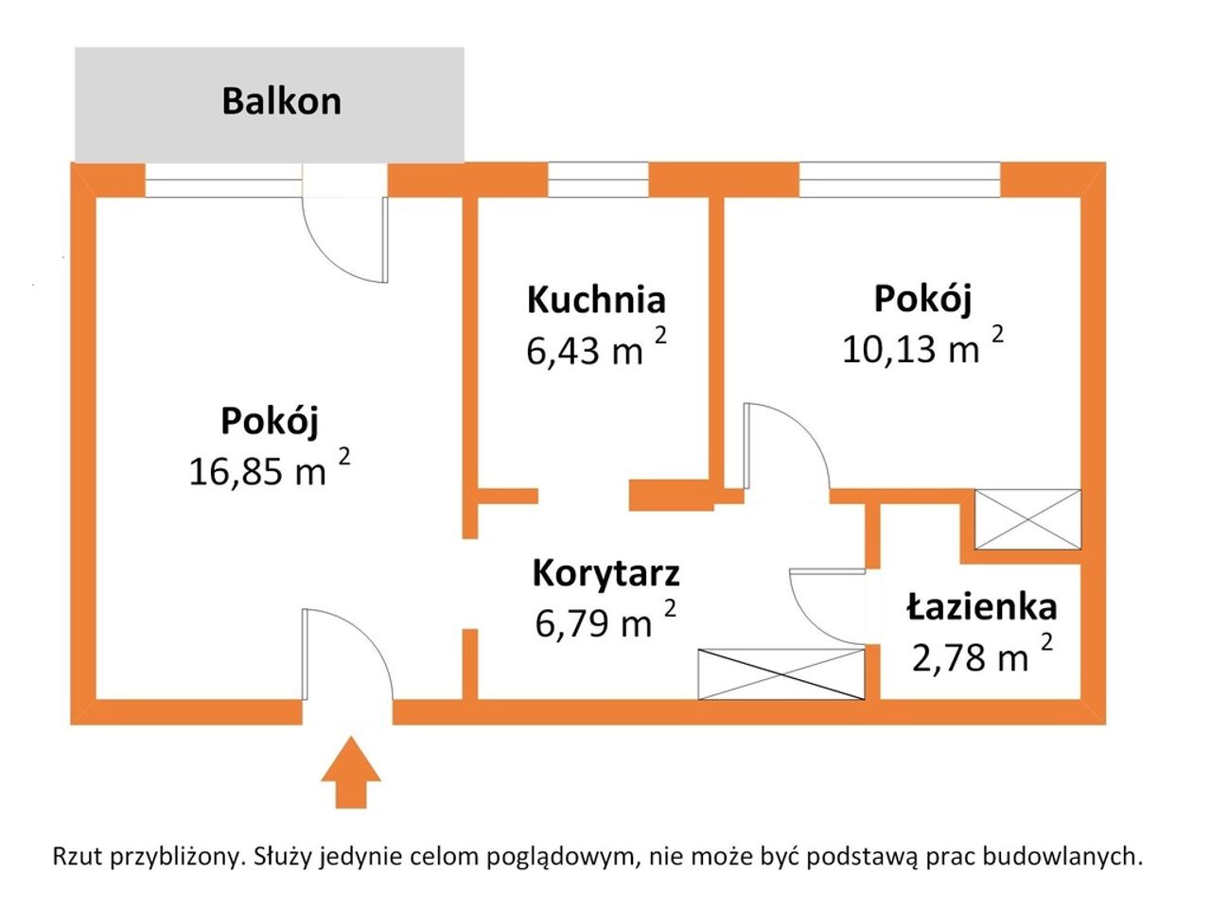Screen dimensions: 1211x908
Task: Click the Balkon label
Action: [x=281, y=101]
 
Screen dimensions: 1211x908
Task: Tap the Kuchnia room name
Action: [x=596, y=300]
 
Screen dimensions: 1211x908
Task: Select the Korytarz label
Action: [x=605, y=574]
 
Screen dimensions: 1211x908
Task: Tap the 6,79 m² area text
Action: [x=605, y=620]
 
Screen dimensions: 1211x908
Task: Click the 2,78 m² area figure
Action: [x=982, y=654]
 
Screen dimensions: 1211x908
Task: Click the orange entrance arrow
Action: [x=351, y=772]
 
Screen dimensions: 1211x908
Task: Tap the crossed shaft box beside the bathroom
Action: [x=1027, y=519]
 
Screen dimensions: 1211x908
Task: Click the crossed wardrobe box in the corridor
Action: [x=781, y=673]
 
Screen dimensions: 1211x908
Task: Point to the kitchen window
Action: [x=598, y=179]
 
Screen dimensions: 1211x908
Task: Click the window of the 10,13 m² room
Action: [x=900, y=179]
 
